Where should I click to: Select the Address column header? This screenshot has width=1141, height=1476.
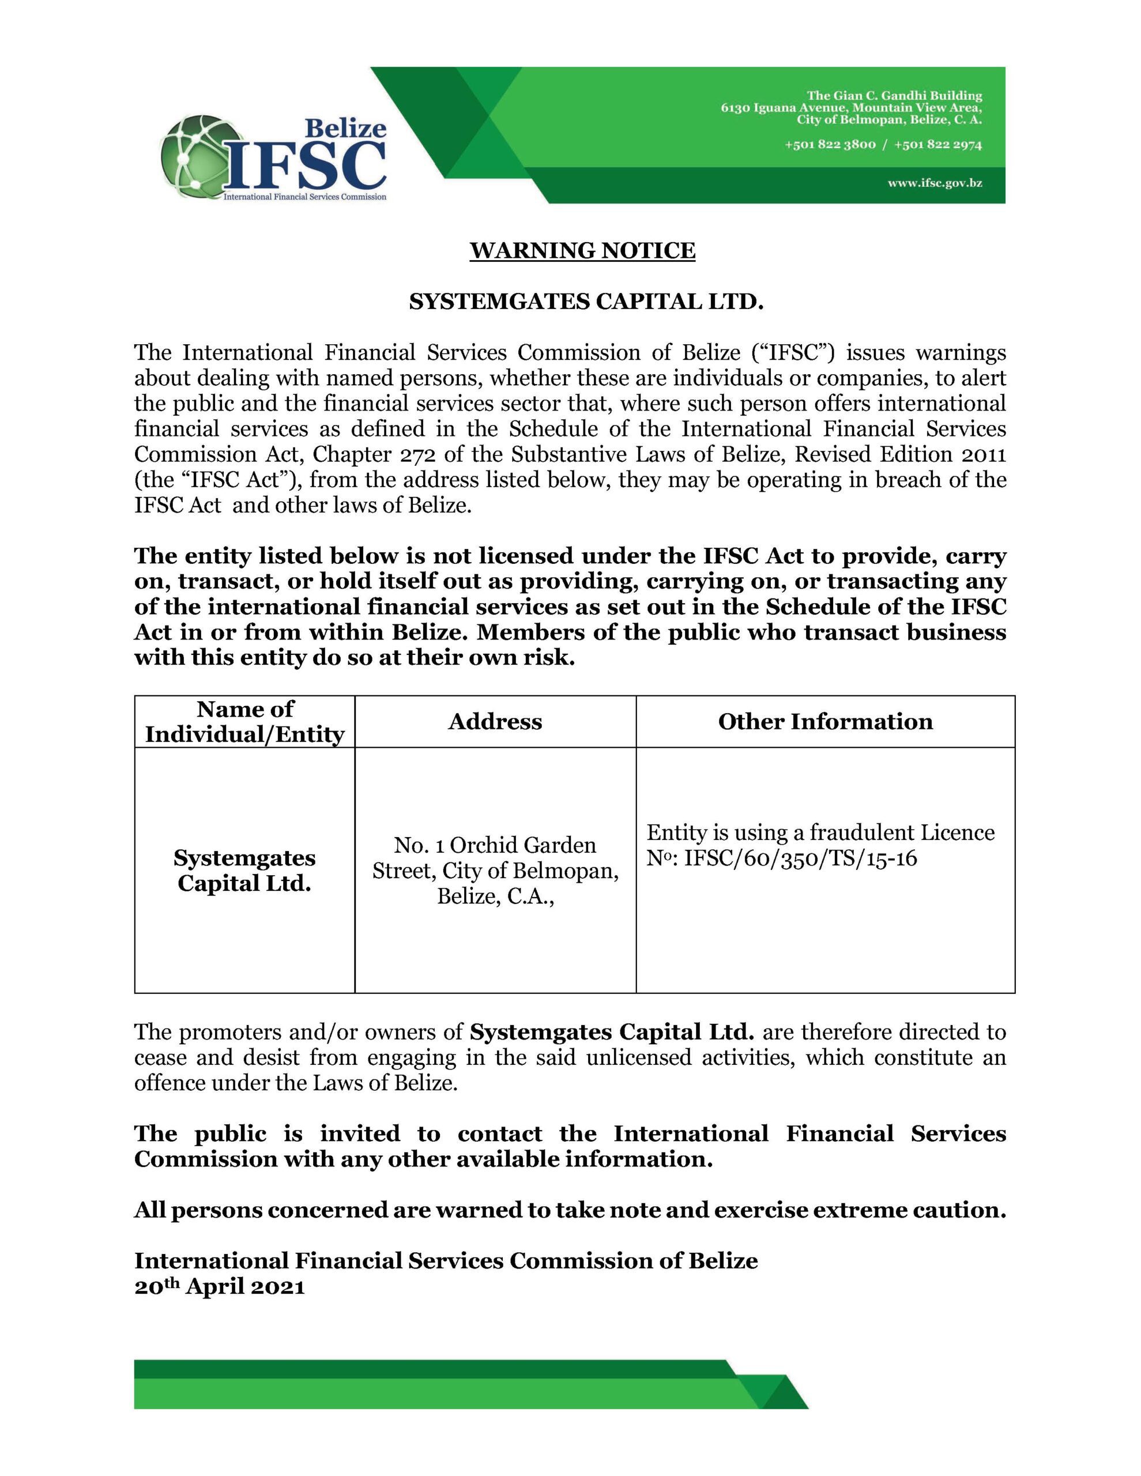495,722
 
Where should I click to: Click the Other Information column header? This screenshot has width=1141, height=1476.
824,722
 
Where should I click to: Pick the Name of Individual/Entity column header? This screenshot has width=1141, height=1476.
244,722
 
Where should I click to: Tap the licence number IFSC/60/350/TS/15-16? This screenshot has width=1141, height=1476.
800,859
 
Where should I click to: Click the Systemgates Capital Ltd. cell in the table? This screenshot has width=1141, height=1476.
244,871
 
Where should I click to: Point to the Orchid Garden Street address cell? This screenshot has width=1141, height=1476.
495,871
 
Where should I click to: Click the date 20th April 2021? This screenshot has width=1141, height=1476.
219,1286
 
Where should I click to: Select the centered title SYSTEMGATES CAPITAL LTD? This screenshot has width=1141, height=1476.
586,302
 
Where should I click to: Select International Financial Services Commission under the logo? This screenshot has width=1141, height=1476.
305,197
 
